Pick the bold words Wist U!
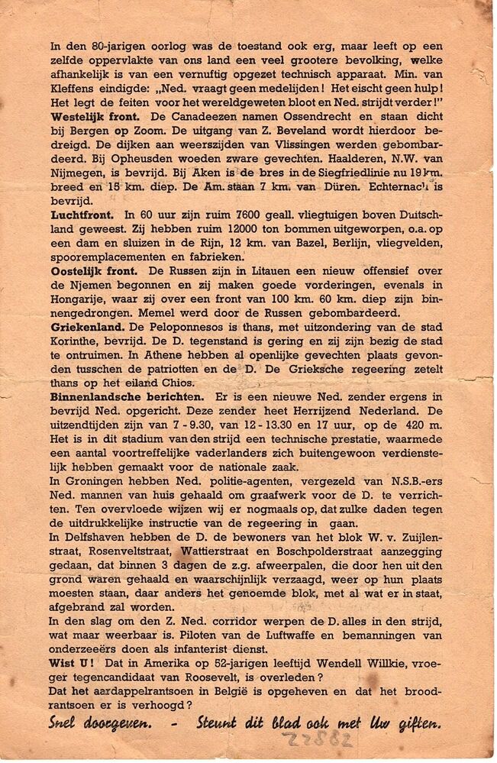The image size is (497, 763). coord(73,675)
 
